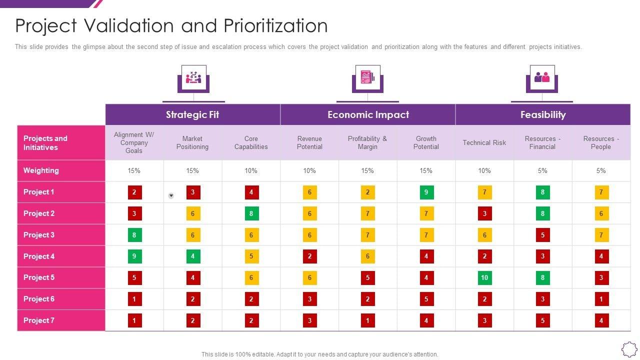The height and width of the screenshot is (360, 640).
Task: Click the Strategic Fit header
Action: (192, 114)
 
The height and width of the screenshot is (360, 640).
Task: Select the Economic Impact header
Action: (368, 114)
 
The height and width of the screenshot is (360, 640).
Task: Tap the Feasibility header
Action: (543, 114)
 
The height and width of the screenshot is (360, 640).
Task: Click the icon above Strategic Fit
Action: (193, 78)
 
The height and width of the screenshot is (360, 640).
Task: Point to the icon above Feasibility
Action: (542, 78)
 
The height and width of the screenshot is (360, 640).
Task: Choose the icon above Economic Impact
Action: (367, 78)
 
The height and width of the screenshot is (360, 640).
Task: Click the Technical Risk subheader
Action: (484, 142)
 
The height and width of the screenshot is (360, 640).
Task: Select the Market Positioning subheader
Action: (192, 142)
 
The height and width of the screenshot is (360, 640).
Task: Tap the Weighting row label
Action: (41, 170)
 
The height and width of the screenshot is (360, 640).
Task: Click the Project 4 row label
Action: (39, 256)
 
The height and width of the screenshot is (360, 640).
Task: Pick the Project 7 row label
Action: (39, 320)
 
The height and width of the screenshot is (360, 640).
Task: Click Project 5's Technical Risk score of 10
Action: (484, 277)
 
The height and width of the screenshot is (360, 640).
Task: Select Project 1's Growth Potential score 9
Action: (426, 192)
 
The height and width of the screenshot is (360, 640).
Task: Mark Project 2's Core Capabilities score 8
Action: (251, 213)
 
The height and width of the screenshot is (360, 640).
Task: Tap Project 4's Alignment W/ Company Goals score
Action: (134, 256)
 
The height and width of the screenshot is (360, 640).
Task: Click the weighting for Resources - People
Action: (601, 170)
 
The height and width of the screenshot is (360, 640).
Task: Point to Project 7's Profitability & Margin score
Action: (367, 320)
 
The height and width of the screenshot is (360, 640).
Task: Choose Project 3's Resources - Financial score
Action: (542, 235)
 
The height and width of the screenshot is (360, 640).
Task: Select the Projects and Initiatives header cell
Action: (45, 143)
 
